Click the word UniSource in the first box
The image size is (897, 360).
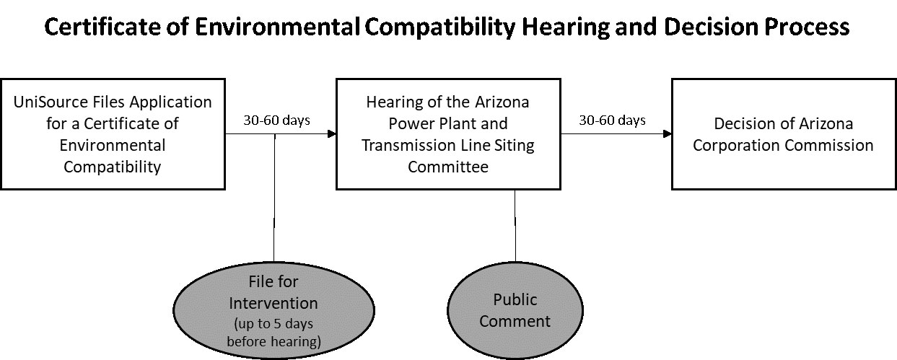pyautogui.click(x=51, y=102)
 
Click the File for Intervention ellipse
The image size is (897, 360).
pyautogui.click(x=274, y=310)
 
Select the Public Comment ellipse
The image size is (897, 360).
pyautogui.click(x=515, y=310)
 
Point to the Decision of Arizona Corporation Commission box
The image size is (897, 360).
pyautogui.click(x=783, y=134)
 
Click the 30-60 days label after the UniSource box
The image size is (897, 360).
pyautogui.click(x=276, y=120)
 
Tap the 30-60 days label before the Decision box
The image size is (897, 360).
pyautogui.click(x=612, y=120)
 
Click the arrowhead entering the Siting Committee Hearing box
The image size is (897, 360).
pyautogui.click(x=332, y=133)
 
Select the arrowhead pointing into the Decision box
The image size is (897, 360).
pyautogui.click(x=667, y=133)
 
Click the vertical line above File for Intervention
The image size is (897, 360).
pyautogui.click(x=274, y=198)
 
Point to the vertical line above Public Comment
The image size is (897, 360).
pyautogui.click(x=515, y=226)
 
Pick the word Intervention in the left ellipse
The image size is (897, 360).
pyautogui.click(x=274, y=304)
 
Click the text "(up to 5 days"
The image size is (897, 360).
pyautogui.click(x=274, y=323)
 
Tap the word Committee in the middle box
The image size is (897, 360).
pyautogui.click(x=448, y=167)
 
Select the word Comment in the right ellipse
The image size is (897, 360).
pyautogui.click(x=515, y=321)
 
